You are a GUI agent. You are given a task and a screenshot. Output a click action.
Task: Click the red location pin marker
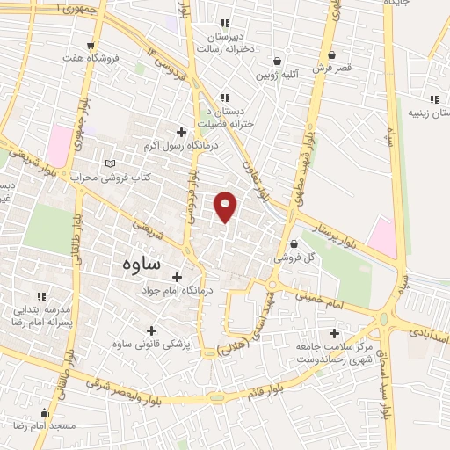pyautogui.click(x=226, y=205)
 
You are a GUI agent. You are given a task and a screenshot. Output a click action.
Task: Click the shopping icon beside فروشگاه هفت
pyautogui.click(x=92, y=43)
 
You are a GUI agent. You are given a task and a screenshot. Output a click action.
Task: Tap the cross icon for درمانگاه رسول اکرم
pyautogui.click(x=182, y=131)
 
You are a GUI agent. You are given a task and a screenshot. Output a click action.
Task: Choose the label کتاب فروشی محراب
pyautogui.click(x=112, y=178)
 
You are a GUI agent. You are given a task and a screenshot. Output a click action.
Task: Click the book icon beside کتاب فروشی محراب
pyautogui.click(x=110, y=163)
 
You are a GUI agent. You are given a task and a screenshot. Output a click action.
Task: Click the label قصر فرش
pyautogui.click(x=335, y=67)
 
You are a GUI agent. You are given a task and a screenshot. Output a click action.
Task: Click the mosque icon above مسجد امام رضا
pyautogui.click(x=44, y=410)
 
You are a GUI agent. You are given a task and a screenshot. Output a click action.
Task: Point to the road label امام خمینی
pyautogui.click(x=326, y=301)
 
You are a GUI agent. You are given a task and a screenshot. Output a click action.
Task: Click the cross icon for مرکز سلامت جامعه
pyautogui.click(x=333, y=333)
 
